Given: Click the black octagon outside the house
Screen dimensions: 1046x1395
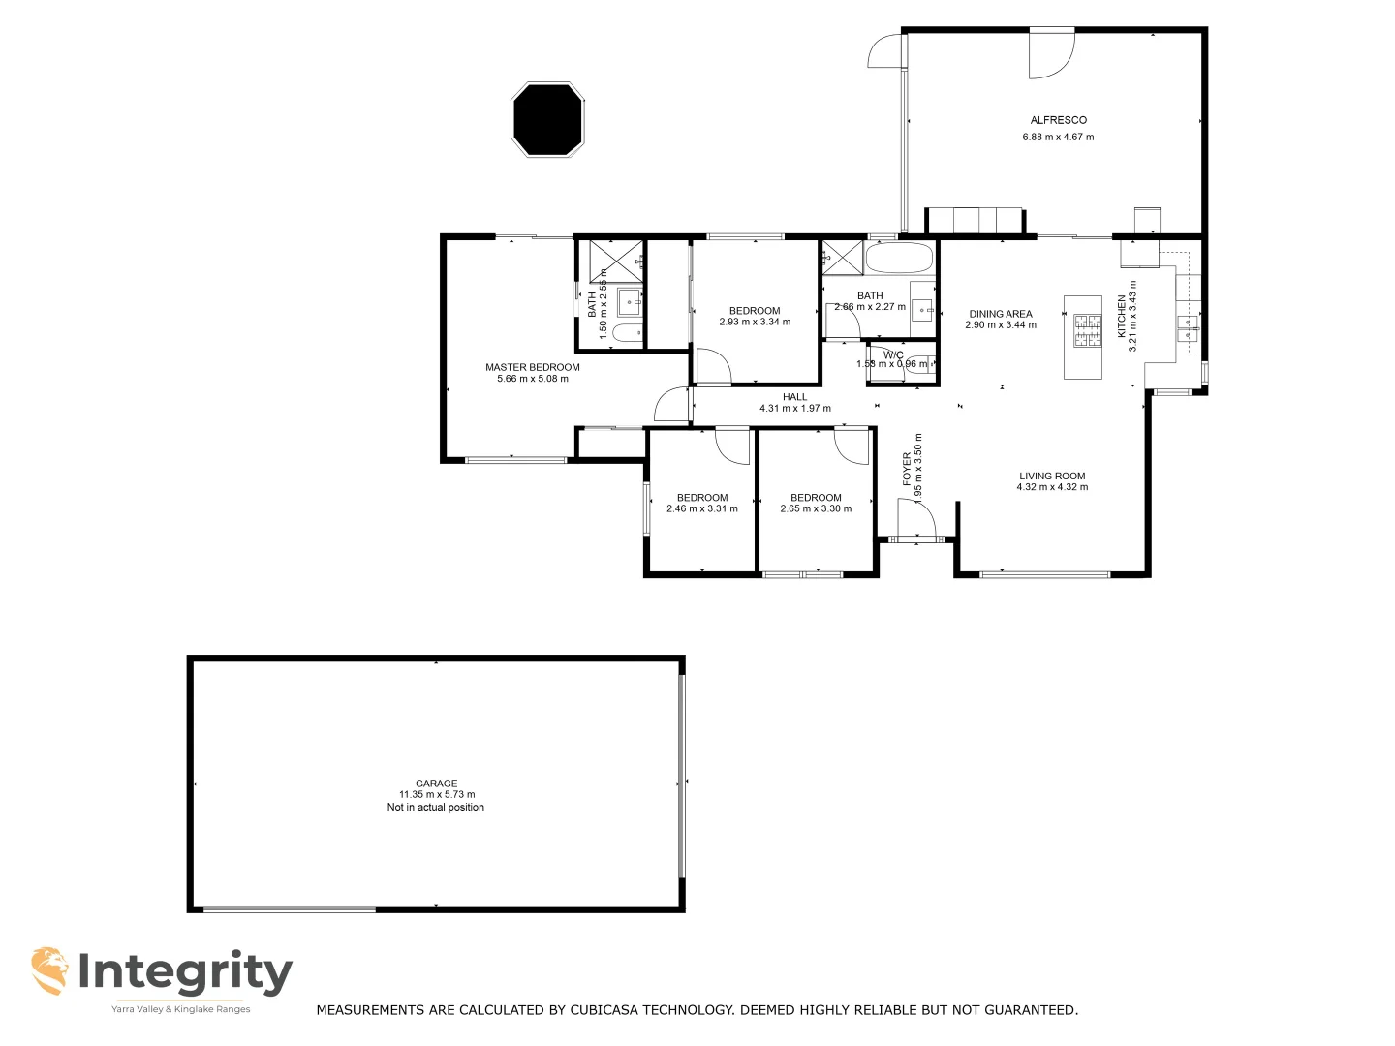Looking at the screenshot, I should tap(548, 119).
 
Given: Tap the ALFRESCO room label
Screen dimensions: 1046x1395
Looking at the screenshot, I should tap(1058, 120).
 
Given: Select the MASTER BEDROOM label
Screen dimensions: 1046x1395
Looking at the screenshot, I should tap(532, 367).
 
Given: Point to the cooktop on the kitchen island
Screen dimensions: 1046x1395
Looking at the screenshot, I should tap(1083, 331).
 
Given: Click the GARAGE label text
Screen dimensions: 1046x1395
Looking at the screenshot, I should tap(436, 784).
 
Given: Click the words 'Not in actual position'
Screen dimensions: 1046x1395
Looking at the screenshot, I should tap(436, 807).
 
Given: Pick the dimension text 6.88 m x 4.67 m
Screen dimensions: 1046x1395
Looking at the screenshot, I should tap(1058, 137).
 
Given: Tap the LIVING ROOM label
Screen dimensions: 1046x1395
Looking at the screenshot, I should tap(1052, 476).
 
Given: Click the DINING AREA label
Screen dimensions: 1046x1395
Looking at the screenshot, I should tap(1001, 314).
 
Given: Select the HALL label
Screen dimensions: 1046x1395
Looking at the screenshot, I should tap(794, 397).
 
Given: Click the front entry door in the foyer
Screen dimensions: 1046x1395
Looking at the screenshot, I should tap(915, 521).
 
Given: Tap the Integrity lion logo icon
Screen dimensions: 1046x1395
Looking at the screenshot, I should tap(49, 970).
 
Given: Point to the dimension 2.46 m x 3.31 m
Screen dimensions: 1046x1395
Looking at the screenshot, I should tap(701, 508).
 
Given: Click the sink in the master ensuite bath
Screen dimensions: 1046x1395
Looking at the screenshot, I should tap(631, 301).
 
